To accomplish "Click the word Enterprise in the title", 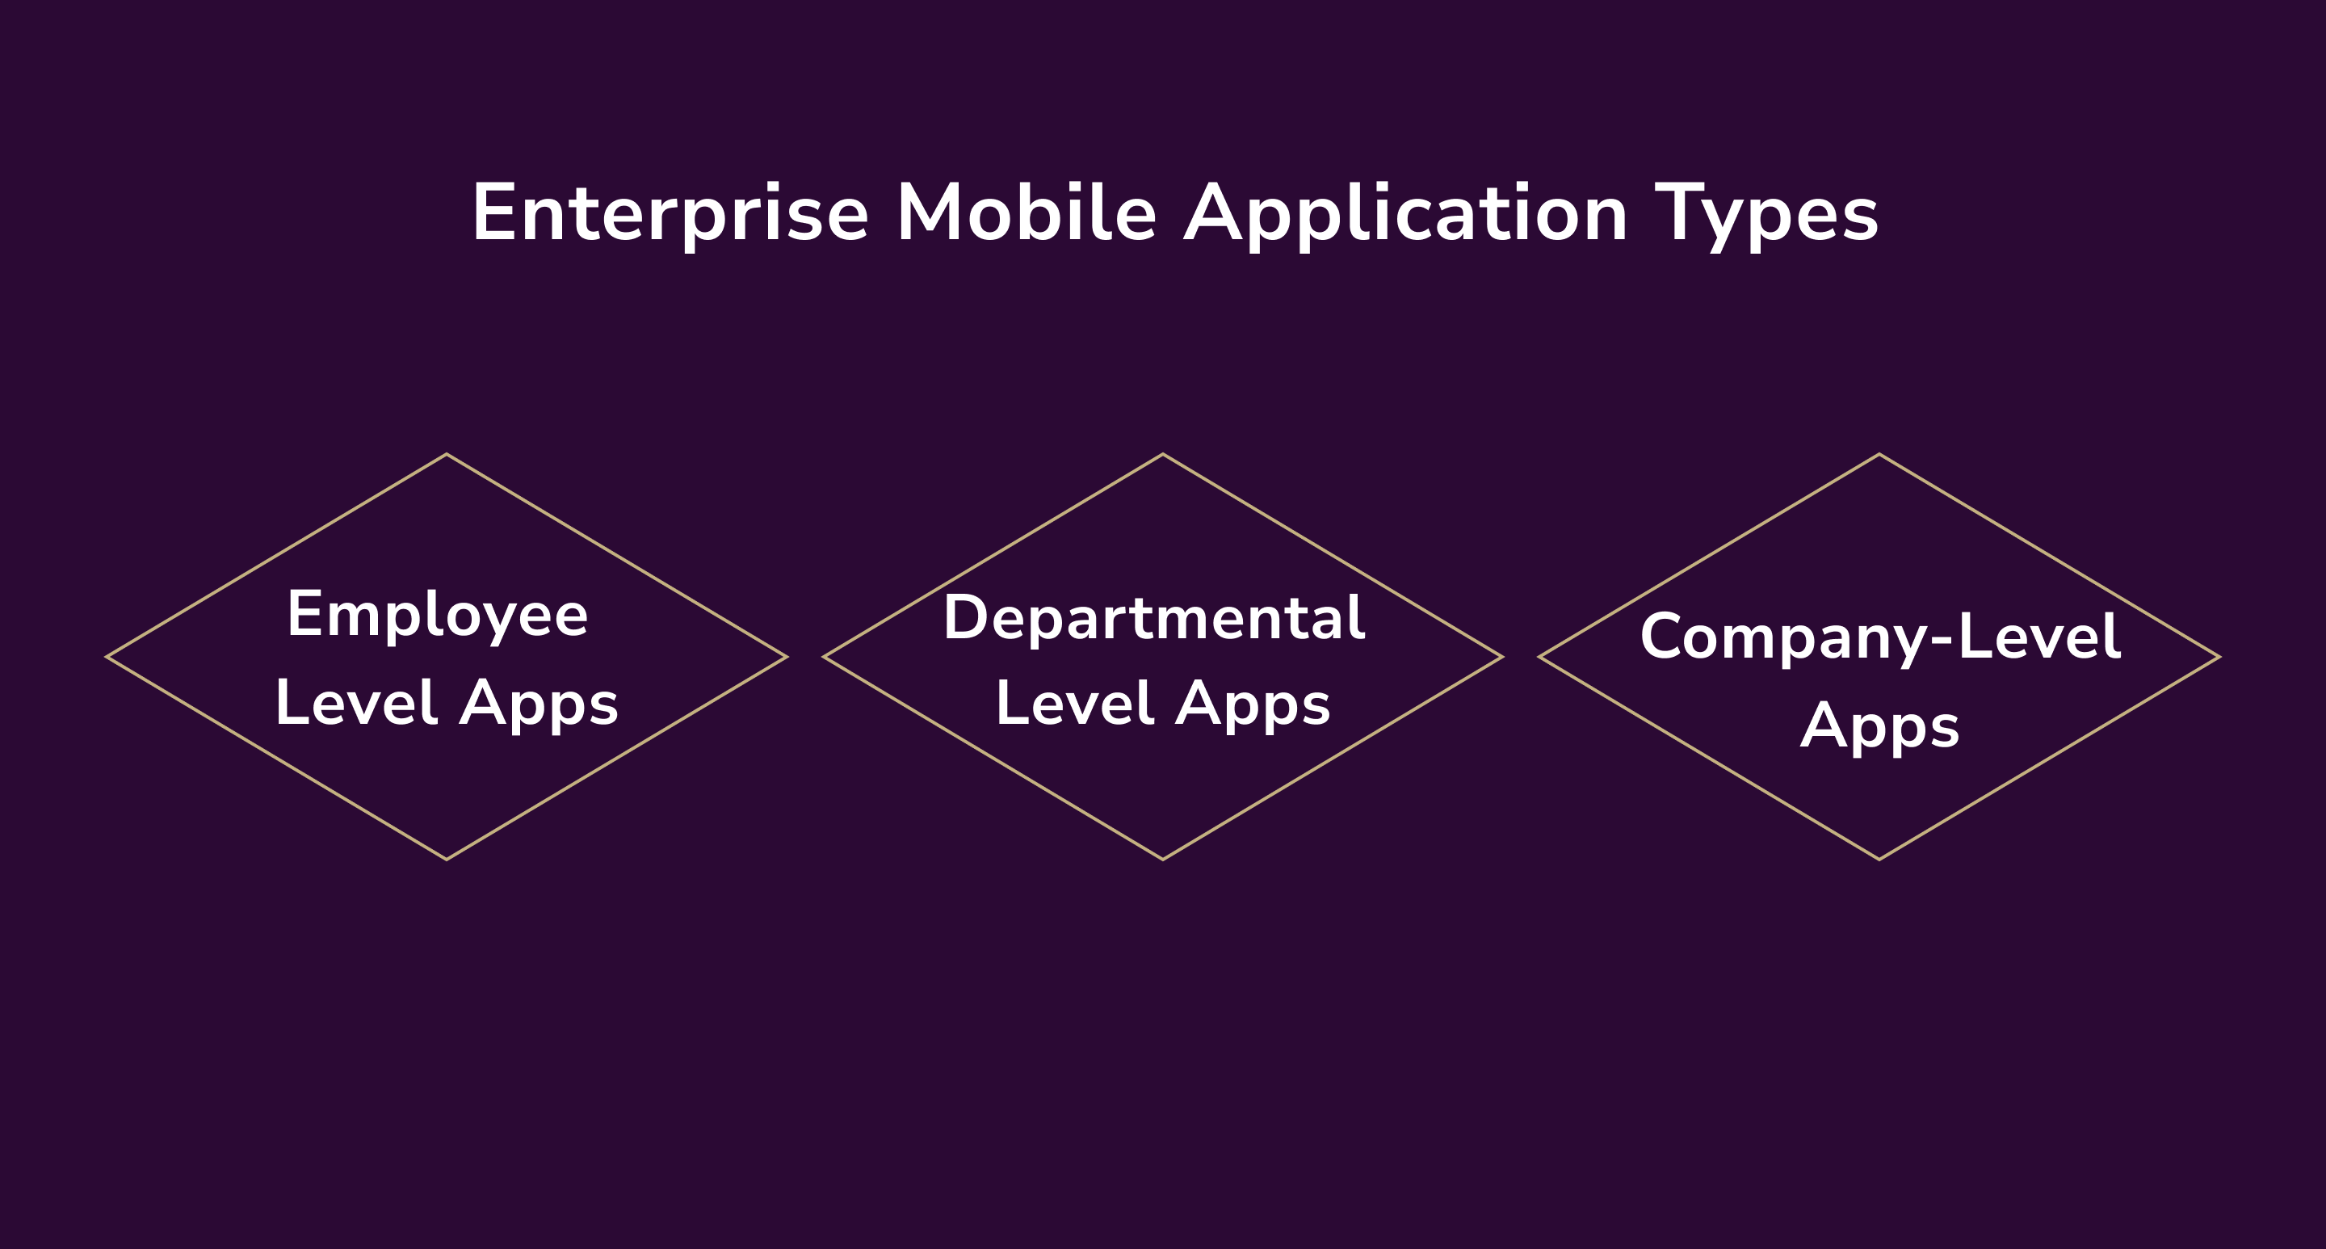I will [669, 214].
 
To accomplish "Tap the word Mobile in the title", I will [1026, 214].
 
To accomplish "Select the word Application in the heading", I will [1406, 214].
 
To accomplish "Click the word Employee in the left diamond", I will [438, 616].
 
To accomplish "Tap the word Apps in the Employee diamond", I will [539, 704].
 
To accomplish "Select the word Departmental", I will [1154, 619].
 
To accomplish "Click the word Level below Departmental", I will [1074, 704].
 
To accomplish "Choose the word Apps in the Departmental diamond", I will [1253, 704].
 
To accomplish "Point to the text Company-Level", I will [1880, 637].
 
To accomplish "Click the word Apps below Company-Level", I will [1880, 726].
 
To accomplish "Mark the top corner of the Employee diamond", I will [447, 455].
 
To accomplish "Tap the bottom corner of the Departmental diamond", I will [1163, 859].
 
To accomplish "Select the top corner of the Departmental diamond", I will [1163, 455].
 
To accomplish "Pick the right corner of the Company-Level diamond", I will [2219, 658].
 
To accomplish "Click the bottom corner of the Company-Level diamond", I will [1879, 859].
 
